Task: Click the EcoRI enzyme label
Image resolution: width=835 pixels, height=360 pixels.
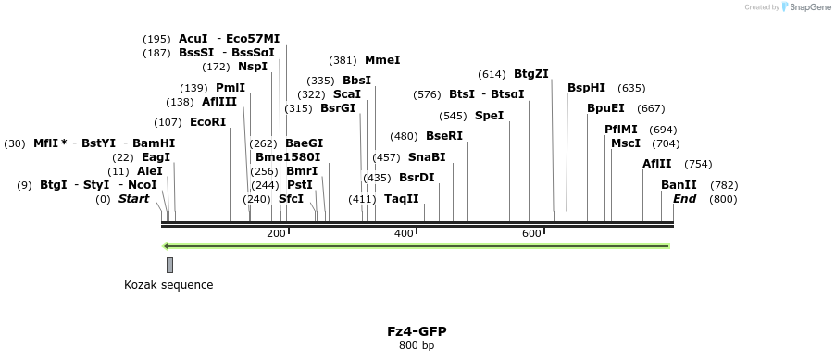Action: [207, 122]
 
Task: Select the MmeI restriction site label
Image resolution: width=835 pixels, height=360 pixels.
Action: [382, 60]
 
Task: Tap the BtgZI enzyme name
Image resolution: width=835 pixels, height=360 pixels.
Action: [531, 74]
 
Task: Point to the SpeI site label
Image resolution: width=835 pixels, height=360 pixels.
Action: [489, 116]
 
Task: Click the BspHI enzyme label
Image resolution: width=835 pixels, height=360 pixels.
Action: [586, 88]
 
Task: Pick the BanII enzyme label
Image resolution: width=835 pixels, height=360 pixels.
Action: [679, 185]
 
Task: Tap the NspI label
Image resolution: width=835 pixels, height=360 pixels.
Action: [253, 67]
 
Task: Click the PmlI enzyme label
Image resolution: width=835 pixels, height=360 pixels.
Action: [230, 88]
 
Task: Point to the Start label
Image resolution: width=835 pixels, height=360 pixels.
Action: [133, 199]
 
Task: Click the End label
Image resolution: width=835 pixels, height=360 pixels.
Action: [684, 199]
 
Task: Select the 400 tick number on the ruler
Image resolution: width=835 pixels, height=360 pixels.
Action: [404, 233]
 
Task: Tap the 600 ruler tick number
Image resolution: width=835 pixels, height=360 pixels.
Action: [531, 233]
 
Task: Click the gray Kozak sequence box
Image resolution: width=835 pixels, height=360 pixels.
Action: [169, 265]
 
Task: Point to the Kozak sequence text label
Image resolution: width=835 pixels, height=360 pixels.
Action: [168, 285]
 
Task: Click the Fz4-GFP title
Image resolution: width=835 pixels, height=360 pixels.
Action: [417, 331]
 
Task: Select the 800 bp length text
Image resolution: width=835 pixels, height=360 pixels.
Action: [417, 346]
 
